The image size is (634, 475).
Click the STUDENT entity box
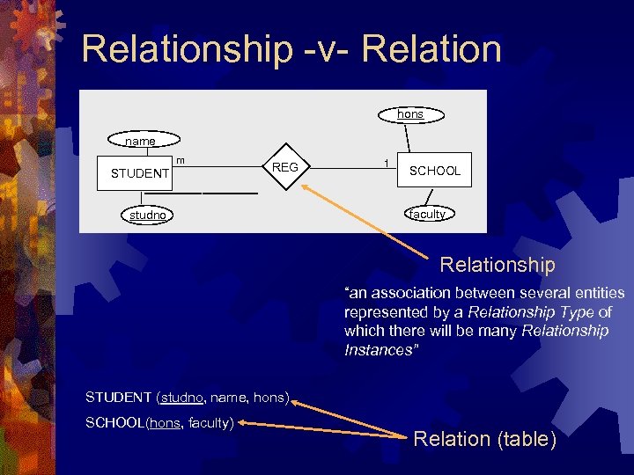(x=140, y=173)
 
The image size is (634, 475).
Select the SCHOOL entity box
(x=435, y=171)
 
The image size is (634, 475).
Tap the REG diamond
(x=285, y=167)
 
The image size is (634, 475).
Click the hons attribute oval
(x=410, y=114)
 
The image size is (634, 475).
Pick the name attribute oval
(x=141, y=141)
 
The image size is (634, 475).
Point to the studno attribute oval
(x=148, y=215)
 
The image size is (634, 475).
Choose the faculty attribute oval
(x=427, y=214)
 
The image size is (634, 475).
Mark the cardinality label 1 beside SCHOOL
(x=386, y=163)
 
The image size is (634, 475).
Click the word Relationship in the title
(x=186, y=48)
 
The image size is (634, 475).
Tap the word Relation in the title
(x=431, y=48)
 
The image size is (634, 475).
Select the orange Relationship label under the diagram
(x=498, y=265)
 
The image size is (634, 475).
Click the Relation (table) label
(x=485, y=439)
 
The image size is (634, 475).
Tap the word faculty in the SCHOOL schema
(x=210, y=423)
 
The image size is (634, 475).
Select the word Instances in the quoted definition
(x=377, y=350)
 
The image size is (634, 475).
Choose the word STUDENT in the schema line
(x=118, y=397)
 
